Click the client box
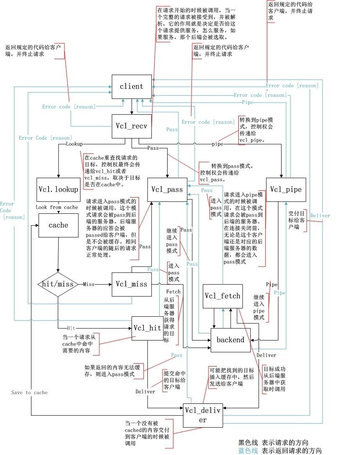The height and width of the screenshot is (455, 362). pyautogui.click(x=131, y=87)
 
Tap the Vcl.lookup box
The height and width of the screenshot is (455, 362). pyautogui.click(x=58, y=190)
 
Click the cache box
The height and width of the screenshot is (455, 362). pyautogui.click(x=58, y=225)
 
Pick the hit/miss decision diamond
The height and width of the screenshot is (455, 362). pyautogui.click(x=58, y=284)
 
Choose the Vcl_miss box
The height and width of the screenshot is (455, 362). pyautogui.click(x=131, y=284)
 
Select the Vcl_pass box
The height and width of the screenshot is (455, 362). pyautogui.click(x=167, y=190)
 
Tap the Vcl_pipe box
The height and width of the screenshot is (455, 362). pyautogui.click(x=285, y=190)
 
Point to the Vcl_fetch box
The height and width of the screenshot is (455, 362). pyautogui.click(x=222, y=296)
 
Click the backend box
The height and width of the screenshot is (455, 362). pyautogui.click(x=230, y=340)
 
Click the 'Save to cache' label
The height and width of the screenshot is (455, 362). pyautogui.click(x=29, y=393)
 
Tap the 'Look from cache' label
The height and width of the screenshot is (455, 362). pyautogui.click(x=57, y=207)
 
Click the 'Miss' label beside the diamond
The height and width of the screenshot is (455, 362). pyautogui.click(x=89, y=284)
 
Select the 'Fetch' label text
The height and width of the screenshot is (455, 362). pyautogui.click(x=173, y=291)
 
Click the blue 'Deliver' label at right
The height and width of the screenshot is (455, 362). pyautogui.click(x=320, y=216)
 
